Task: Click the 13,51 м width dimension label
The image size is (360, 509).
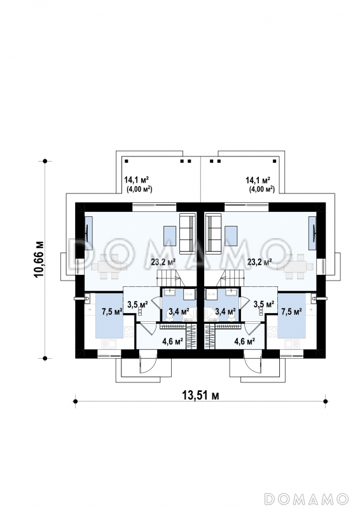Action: [200, 395]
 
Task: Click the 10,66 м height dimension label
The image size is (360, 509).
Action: [38, 259]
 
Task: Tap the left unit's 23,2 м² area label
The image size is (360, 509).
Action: [163, 261]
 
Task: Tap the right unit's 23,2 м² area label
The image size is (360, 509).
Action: [260, 261]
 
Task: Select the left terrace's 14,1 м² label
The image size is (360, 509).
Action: [136, 179]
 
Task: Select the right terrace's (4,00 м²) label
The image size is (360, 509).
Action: [261, 189]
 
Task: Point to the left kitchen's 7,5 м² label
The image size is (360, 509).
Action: [112, 312]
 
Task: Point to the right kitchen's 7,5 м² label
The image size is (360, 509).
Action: [291, 312]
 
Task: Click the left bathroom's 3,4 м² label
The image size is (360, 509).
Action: [179, 312]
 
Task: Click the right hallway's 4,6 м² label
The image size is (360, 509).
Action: [244, 341]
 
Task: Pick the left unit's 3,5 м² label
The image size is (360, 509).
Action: [137, 305]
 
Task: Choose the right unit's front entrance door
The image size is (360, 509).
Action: [253, 361]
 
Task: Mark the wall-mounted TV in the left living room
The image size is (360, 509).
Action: [88, 233]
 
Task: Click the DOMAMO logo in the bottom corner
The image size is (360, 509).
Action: [306, 499]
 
